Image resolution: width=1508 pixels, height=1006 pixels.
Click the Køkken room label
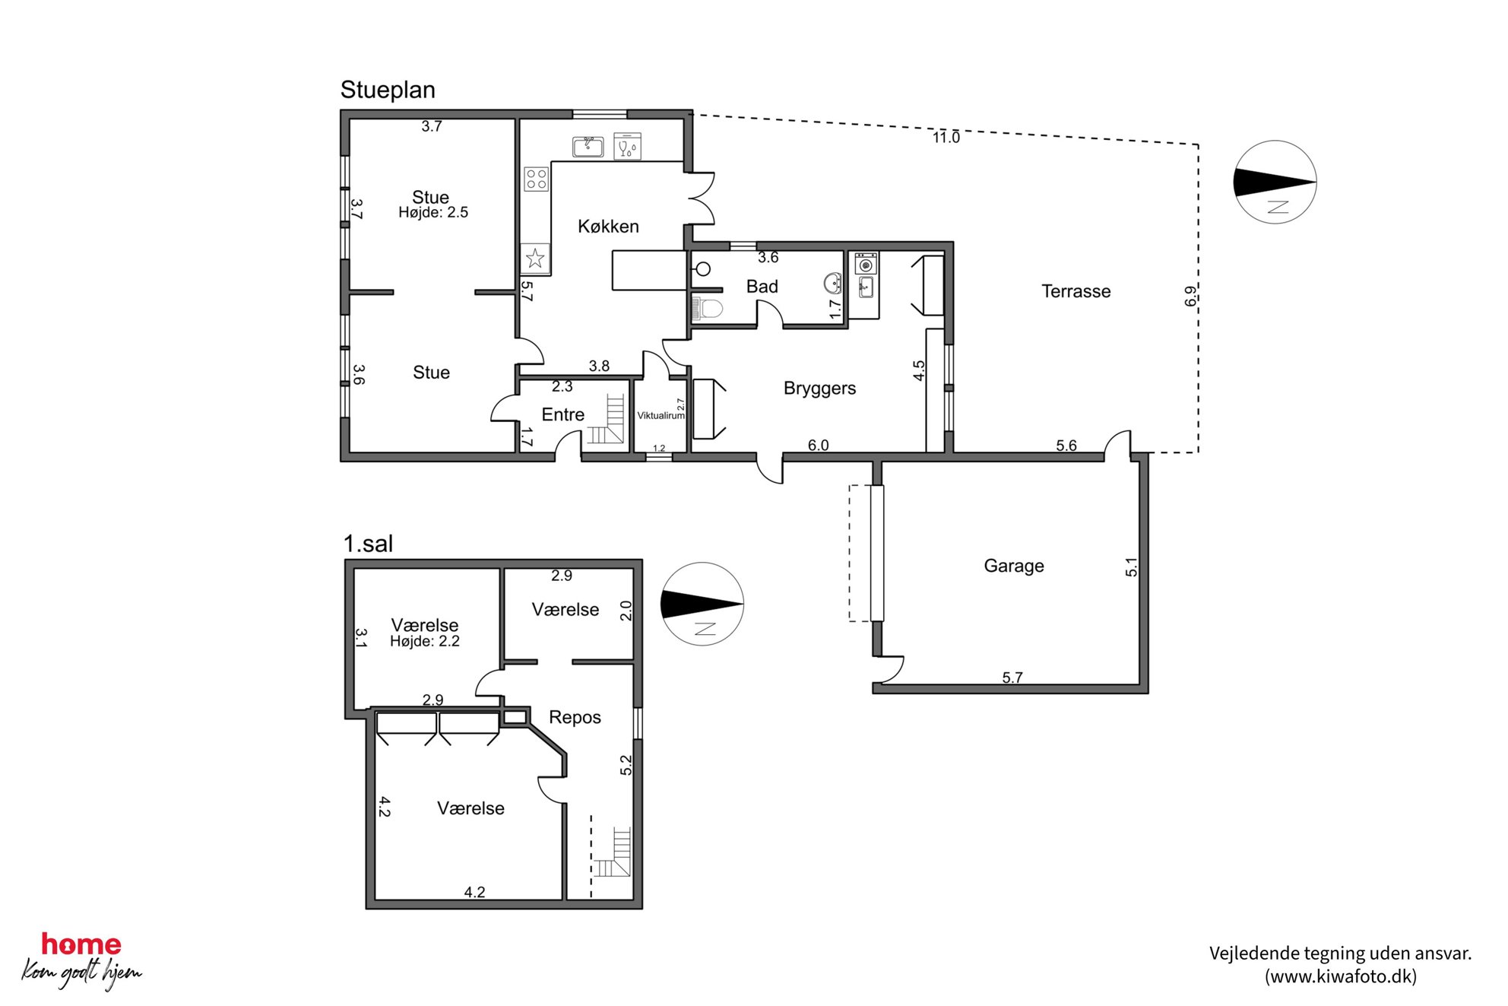pyautogui.click(x=608, y=226)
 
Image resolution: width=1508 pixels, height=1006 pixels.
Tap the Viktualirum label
pyautogui.click(x=661, y=416)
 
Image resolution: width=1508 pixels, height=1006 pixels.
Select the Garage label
pyautogui.click(x=1014, y=566)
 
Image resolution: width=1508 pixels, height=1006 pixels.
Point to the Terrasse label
pyautogui.click(x=1076, y=291)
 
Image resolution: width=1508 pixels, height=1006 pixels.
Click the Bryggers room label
pyautogui.click(x=819, y=389)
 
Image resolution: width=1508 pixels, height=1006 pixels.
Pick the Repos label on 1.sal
pyautogui.click(x=575, y=718)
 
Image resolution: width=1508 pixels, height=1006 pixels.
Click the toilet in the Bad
pyautogui.click(x=708, y=309)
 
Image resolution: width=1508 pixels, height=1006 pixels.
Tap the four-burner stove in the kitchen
pyautogui.click(x=537, y=179)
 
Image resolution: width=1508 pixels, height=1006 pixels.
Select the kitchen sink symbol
pyautogui.click(x=588, y=147)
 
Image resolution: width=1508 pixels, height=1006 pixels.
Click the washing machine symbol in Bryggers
pyautogui.click(x=866, y=265)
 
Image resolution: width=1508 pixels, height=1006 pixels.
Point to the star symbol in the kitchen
pyautogui.click(x=535, y=259)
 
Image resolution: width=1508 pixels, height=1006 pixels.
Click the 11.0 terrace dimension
pyautogui.click(x=946, y=138)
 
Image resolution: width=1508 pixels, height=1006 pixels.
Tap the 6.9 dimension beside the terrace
pyautogui.click(x=1190, y=296)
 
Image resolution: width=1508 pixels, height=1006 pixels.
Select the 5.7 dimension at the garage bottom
pyautogui.click(x=1012, y=678)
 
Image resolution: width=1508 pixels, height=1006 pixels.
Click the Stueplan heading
pyautogui.click(x=388, y=90)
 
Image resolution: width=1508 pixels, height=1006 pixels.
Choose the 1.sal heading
pyautogui.click(x=368, y=544)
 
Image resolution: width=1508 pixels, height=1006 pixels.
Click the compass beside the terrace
pyautogui.click(x=1275, y=182)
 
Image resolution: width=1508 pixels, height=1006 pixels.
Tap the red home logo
pyautogui.click(x=81, y=944)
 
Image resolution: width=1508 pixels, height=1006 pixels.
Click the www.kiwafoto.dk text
pyautogui.click(x=1340, y=976)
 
